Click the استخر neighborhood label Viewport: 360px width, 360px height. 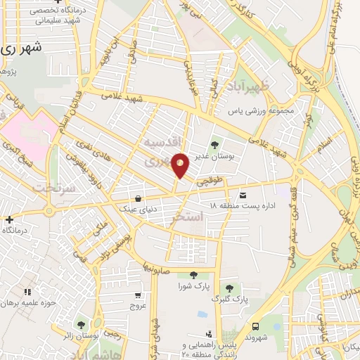pyautogui.click(x=187, y=219)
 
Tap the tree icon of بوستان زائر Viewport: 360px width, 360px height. pyautogui.click(x=81, y=325)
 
